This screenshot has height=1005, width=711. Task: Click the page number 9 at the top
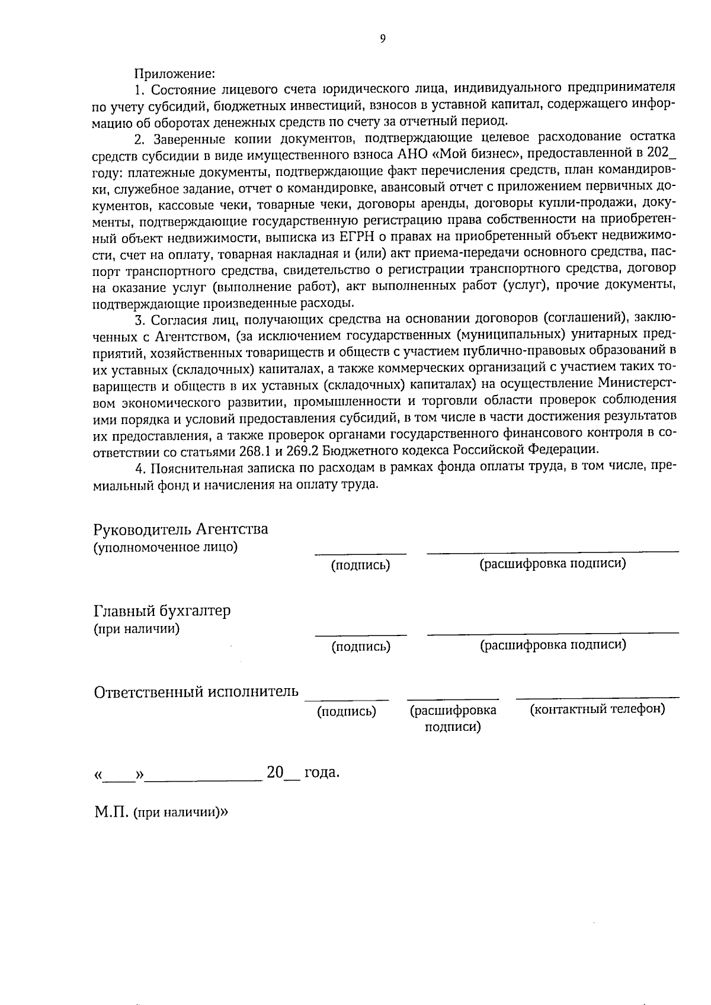click(382, 39)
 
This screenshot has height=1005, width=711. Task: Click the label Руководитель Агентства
click(181, 529)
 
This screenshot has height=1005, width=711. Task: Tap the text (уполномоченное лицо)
click(165, 547)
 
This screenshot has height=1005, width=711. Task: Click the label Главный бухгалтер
click(162, 611)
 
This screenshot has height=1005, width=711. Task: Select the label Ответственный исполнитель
click(196, 692)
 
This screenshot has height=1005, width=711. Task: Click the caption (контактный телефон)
click(597, 708)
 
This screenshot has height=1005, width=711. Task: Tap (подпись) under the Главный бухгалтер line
click(361, 646)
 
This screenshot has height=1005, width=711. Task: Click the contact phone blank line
click(597, 696)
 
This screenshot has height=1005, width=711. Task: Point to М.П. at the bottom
click(111, 812)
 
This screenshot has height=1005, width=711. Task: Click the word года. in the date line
click(321, 773)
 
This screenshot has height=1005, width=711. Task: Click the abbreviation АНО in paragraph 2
click(408, 156)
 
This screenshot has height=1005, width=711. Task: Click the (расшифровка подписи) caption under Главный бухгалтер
click(552, 644)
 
